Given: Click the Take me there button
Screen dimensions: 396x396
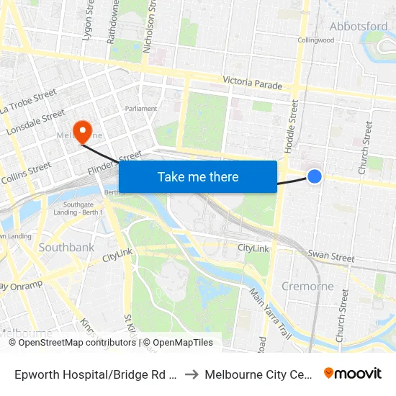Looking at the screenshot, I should [x=198, y=176].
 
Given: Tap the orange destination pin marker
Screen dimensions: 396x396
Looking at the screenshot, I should [x=84, y=130].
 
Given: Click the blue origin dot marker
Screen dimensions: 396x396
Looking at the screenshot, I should [x=315, y=176].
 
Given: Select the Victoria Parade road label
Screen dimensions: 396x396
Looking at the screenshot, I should [x=252, y=84].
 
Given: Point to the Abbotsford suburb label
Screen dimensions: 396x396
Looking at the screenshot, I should [x=359, y=27].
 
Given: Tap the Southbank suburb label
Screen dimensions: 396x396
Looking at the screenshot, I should [x=66, y=248].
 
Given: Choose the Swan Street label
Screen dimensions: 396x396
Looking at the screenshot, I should [x=331, y=256].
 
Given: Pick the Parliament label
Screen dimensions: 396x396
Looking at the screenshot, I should [x=141, y=109].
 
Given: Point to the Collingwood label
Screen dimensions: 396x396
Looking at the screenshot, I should [x=315, y=40].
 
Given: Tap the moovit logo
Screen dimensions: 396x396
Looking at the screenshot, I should [x=353, y=374].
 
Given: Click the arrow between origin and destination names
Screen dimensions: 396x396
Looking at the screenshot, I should [x=192, y=374].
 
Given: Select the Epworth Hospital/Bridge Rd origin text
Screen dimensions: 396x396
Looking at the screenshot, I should [x=96, y=374].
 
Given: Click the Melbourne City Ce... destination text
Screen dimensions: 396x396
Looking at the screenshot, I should [x=258, y=374].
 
